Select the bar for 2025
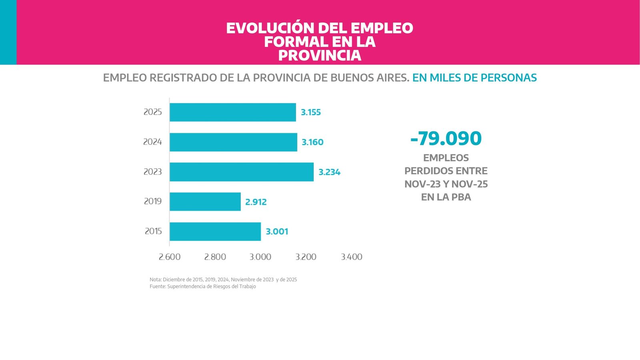tap(233, 112)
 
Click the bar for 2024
tap(233, 142)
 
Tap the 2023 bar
tap(242, 172)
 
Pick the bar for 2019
tap(205, 202)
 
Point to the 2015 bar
tap(215, 232)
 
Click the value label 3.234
tap(329, 172)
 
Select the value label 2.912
tap(256, 202)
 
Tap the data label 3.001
tap(277, 232)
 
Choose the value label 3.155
tap(311, 112)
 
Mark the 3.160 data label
tap(312, 142)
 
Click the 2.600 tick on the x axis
tap(170, 257)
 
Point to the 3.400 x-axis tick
tap(352, 257)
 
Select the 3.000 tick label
tap(260, 257)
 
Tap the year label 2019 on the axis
tap(153, 201)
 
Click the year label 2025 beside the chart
tap(153, 112)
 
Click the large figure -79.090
tap(446, 138)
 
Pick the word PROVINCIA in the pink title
tap(320, 56)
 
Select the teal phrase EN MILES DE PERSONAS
tap(474, 78)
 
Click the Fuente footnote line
tap(203, 286)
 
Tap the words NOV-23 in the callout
tap(422, 184)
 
